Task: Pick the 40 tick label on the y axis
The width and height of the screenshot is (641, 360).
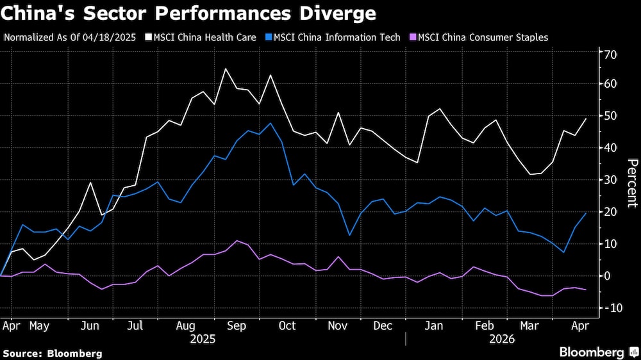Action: coord(610,148)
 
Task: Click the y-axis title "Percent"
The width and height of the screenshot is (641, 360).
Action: coord(631,183)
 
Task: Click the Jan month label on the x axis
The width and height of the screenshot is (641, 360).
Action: coord(434,326)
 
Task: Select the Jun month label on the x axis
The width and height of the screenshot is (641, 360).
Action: coord(90,326)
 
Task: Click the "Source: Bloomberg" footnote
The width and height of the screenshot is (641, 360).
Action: coord(53,353)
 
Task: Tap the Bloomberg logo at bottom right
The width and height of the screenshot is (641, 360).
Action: coord(596,352)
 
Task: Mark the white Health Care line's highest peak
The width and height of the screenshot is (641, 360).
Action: coord(225,69)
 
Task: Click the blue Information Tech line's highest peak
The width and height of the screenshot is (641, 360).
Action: coord(271,123)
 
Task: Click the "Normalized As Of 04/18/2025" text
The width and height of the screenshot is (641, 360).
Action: coord(70,37)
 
